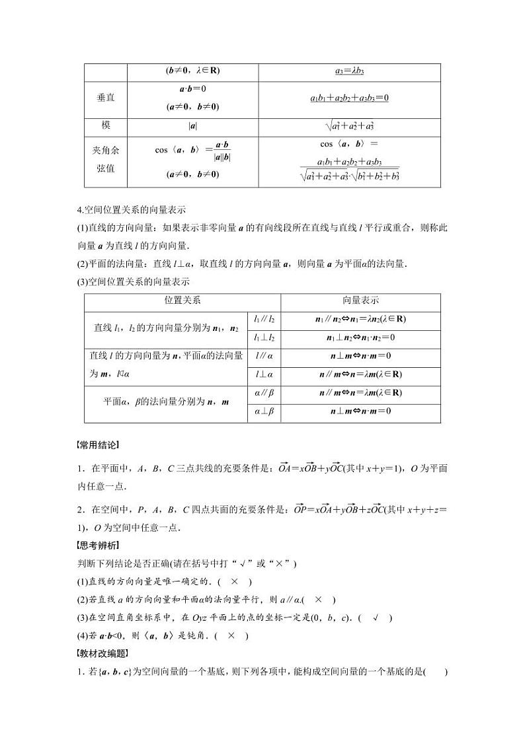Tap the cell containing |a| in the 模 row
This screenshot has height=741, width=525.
192,125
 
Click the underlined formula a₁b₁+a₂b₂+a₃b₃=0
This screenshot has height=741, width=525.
349,98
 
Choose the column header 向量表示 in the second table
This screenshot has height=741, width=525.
360,300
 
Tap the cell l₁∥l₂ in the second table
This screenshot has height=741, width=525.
264,319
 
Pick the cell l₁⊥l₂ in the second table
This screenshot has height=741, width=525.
264,337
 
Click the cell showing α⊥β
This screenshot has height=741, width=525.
264,411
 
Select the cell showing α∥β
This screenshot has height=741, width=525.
264,392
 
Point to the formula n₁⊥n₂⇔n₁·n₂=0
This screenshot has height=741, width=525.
360,337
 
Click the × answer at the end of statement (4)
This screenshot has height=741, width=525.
231,636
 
